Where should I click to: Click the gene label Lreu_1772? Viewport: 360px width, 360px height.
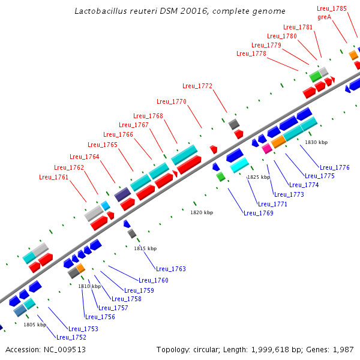[x=197, y=86]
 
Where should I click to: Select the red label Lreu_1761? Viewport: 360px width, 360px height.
[x=53, y=177]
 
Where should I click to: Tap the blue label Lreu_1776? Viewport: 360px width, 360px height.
[x=334, y=167]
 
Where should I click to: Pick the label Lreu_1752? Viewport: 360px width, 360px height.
[x=71, y=337]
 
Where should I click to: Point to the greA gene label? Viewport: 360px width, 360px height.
[x=325, y=17]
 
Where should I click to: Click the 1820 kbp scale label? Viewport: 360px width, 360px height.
[x=202, y=212]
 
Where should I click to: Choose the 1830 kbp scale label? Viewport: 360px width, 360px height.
[x=316, y=142]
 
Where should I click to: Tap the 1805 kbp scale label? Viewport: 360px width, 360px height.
[x=35, y=325]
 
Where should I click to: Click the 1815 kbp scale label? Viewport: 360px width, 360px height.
[x=145, y=248]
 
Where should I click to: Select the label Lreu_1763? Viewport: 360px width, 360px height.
[x=171, y=269]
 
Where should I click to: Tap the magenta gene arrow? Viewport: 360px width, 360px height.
[x=266, y=149]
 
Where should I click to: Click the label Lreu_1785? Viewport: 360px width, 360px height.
[x=332, y=8]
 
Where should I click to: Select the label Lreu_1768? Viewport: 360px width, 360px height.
[x=148, y=116]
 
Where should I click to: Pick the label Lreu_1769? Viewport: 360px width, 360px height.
[x=258, y=213]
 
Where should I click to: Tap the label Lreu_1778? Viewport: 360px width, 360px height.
[x=251, y=53]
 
